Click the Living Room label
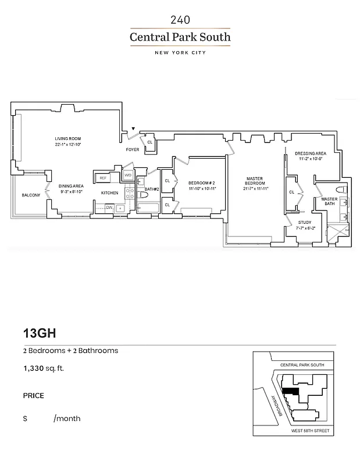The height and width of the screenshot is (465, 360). click(x=66, y=138)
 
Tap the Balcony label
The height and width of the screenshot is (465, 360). click(x=30, y=195)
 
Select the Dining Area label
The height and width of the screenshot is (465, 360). click(x=70, y=186)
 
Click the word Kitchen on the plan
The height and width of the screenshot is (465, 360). click(x=109, y=192)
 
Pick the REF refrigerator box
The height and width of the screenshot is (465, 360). click(x=103, y=178)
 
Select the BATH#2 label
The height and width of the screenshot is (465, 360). click(x=152, y=189)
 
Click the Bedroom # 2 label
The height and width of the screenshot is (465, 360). click(x=202, y=183)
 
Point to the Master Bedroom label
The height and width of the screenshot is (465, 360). click(x=255, y=181)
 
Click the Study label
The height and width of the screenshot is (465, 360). click(x=304, y=222)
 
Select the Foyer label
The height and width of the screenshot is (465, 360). click(x=133, y=149)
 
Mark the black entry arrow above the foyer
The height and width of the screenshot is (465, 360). click(x=133, y=128)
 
